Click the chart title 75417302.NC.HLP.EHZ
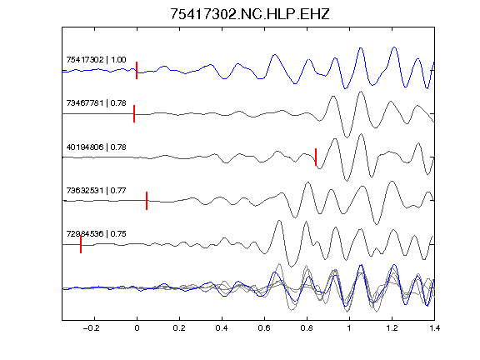tap(249, 14)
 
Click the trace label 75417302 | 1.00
tap(96, 59)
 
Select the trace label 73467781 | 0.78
tap(96, 102)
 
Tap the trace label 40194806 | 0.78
tap(96, 147)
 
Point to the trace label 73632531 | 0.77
tap(96, 190)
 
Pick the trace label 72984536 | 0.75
tap(96, 234)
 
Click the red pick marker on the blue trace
tap(137, 70)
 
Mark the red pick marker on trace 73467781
tap(134, 113)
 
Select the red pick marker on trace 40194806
tap(316, 157)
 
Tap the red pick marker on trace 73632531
tap(147, 201)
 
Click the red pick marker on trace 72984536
tap(81, 244)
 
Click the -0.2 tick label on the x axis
tap(92, 328)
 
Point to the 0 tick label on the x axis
tap(137, 328)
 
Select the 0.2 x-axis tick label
tap(179, 328)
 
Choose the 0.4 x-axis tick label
tap(222, 328)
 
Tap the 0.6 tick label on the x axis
tap(264, 328)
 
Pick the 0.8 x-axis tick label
tap(307, 328)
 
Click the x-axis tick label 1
tap(349, 328)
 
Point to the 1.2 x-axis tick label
tap(392, 328)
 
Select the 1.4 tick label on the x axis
tap(434, 328)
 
